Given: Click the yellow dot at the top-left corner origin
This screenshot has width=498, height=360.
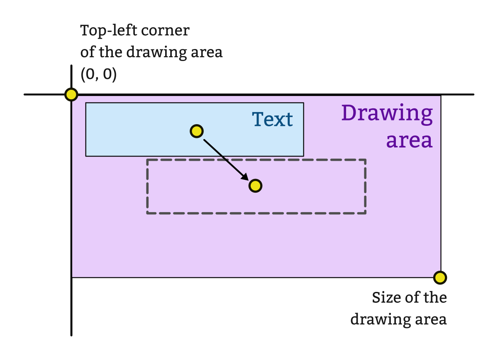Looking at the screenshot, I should click(x=71, y=95).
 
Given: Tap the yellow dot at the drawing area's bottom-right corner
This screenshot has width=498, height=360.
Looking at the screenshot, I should click(x=439, y=277).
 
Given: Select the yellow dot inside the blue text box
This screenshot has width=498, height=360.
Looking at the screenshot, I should click(x=196, y=131).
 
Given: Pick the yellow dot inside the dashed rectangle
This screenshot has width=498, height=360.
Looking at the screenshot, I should click(x=255, y=186).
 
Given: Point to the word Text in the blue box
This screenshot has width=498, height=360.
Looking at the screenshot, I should click(x=272, y=120).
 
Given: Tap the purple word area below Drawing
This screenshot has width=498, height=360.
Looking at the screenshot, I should click(x=409, y=140).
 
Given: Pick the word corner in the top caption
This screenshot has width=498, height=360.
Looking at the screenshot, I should click(x=170, y=31).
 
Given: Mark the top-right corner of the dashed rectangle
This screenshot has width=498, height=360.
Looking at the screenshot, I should click(x=365, y=160).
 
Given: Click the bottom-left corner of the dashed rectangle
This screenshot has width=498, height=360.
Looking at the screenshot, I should click(x=147, y=213).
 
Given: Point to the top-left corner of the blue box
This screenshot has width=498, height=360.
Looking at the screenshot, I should click(x=86, y=103).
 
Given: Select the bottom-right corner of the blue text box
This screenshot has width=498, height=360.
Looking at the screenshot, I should click(x=303, y=156).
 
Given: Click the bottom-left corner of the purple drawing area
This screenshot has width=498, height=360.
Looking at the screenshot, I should click(x=72, y=277).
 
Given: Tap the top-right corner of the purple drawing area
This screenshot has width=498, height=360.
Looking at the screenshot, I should click(x=440, y=96).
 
